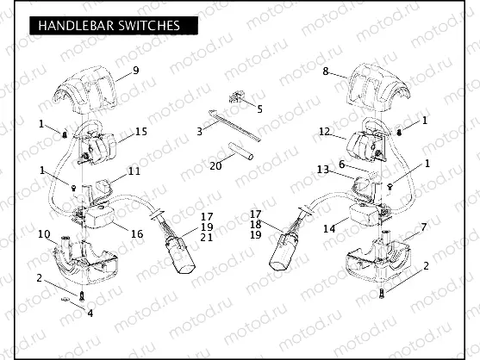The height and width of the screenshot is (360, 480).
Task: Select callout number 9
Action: [x=135, y=70]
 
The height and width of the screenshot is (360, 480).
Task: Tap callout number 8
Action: [x=325, y=72]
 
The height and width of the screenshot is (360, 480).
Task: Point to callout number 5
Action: [x=259, y=109]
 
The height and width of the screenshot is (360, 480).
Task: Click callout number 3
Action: [x=199, y=132]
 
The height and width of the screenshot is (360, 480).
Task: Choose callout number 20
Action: [x=216, y=164]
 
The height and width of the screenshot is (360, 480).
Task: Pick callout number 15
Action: [x=141, y=131]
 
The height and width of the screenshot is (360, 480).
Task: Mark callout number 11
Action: [x=134, y=171]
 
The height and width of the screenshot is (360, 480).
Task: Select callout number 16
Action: [x=136, y=233]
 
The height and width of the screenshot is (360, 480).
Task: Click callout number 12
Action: [x=324, y=132]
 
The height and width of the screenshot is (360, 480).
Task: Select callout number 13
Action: [x=322, y=170]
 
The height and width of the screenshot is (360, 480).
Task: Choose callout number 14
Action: [x=329, y=230]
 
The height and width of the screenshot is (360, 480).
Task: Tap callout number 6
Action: [x=342, y=164]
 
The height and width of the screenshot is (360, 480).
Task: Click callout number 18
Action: [x=255, y=223]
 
